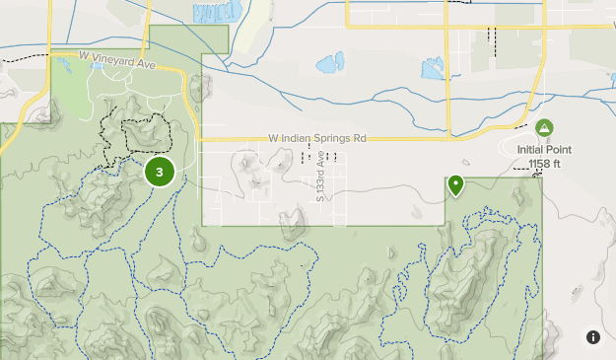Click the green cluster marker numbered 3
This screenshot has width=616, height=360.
click(159, 172)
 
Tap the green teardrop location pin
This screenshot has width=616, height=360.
click(456, 184)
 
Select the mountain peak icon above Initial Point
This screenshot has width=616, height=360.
click(544, 128)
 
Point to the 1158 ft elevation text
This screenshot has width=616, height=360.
click(544, 164)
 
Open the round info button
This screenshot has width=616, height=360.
click(593, 337)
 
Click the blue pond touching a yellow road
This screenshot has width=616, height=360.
click(433, 69)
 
